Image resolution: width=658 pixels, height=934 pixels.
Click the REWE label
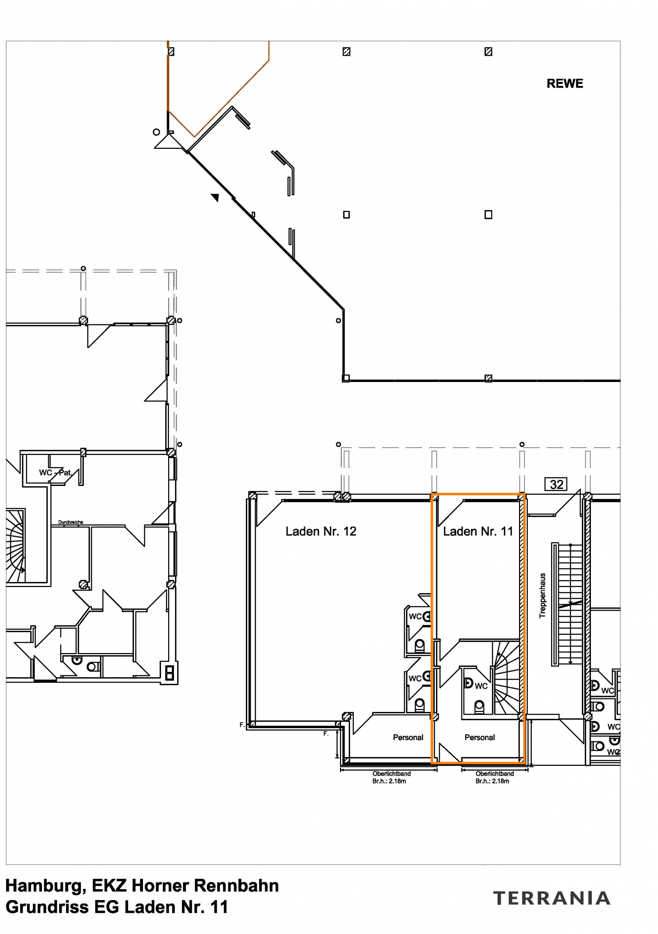[x=565, y=84]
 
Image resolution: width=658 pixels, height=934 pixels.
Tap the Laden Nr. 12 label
[x=321, y=531]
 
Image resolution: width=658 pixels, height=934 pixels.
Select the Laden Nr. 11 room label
[x=478, y=531]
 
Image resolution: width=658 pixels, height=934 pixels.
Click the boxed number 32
[x=556, y=485]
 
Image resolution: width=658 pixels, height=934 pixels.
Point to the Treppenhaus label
[x=542, y=595]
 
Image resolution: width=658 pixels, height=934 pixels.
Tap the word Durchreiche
[x=70, y=522]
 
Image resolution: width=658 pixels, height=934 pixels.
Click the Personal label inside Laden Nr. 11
[x=480, y=737]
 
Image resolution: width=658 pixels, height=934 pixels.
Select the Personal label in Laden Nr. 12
[x=408, y=737]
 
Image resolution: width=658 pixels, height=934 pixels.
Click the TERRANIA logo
[x=551, y=898]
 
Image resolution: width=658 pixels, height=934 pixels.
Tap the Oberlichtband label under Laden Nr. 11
[x=495, y=773]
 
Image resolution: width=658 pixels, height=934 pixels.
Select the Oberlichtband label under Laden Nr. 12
[x=392, y=773]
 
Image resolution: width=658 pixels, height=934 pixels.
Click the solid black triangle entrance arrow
[x=215, y=197]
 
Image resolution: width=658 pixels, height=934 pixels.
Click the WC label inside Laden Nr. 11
[x=481, y=686]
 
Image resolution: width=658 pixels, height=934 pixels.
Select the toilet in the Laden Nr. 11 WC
[x=480, y=707]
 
